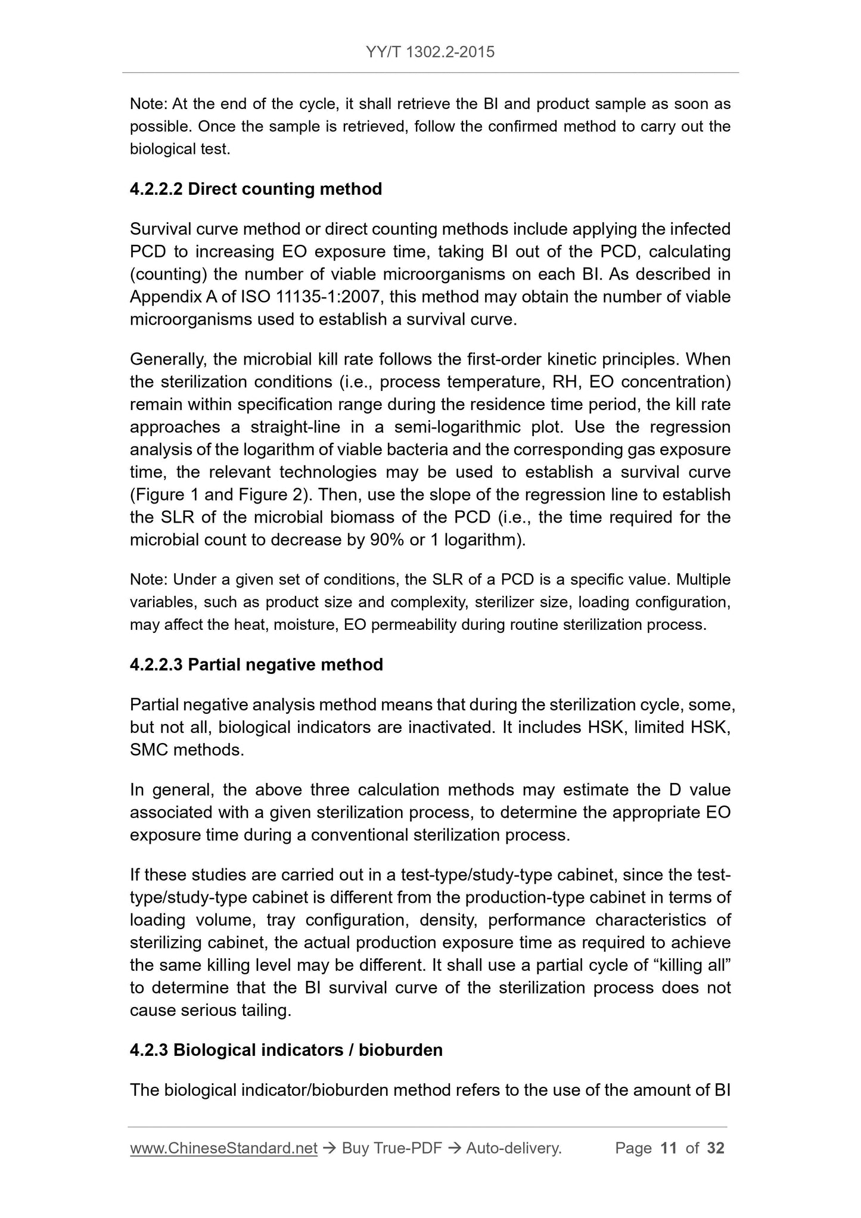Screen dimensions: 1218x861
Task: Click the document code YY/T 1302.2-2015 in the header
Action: (430, 52)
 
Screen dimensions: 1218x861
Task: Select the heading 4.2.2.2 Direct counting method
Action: (256, 189)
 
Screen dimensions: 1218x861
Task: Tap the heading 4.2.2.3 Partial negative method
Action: (256, 664)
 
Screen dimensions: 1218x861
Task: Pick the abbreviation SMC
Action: (149, 750)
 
